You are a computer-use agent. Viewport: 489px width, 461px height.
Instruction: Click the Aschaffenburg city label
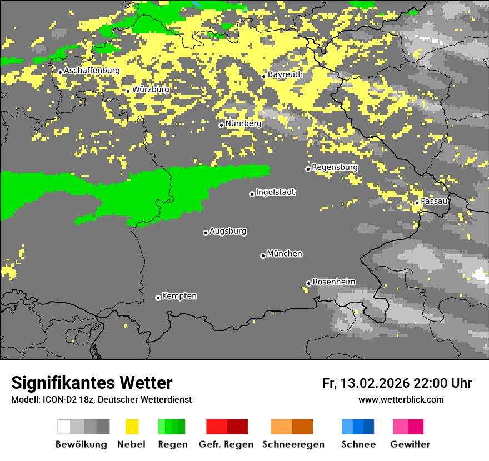92,71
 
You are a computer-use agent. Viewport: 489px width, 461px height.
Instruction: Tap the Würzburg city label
151,89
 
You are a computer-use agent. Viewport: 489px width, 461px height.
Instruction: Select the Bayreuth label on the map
285,74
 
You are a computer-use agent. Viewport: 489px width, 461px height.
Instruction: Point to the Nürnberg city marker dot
221,125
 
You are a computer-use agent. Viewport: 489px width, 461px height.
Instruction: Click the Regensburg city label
335,167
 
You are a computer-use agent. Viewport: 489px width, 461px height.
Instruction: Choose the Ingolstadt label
276,192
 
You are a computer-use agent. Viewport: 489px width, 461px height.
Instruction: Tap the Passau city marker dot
417,203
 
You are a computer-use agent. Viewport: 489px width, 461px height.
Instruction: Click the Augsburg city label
228,231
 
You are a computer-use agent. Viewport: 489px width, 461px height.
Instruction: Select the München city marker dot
263,255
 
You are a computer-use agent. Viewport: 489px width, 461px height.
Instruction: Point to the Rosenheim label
334,282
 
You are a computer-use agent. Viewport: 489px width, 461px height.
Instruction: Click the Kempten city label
179,296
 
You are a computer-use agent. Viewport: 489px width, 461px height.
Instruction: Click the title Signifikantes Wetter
92,383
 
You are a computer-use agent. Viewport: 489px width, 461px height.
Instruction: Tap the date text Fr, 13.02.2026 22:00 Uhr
397,383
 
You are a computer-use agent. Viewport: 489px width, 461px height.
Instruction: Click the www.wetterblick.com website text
401,399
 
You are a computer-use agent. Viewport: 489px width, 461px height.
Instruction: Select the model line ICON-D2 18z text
101,399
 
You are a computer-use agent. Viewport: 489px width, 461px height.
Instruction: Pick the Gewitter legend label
410,444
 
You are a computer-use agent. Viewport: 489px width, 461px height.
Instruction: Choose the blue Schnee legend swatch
358,427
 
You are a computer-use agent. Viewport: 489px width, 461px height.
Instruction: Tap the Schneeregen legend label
292,444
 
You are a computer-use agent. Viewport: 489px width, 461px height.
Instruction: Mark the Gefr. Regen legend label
226,444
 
